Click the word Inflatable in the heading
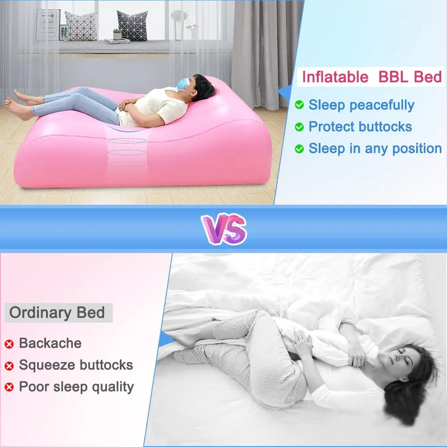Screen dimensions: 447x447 click(335, 77)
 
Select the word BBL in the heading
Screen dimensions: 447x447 click(394, 77)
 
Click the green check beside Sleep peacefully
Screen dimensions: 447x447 click(299, 105)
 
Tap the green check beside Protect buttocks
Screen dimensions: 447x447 click(299, 127)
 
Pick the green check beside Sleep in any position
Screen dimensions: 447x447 click(299, 149)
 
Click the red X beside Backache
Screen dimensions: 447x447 click(9, 344)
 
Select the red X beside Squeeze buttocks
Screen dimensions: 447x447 click(9, 366)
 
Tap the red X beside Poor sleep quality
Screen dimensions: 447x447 click(9, 387)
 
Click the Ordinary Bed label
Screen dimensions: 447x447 click(57, 313)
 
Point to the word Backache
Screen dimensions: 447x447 click(50, 343)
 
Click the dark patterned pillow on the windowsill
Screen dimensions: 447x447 click(133, 25)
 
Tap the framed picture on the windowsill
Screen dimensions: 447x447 click(48, 25)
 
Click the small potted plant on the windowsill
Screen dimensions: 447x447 click(118, 34)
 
